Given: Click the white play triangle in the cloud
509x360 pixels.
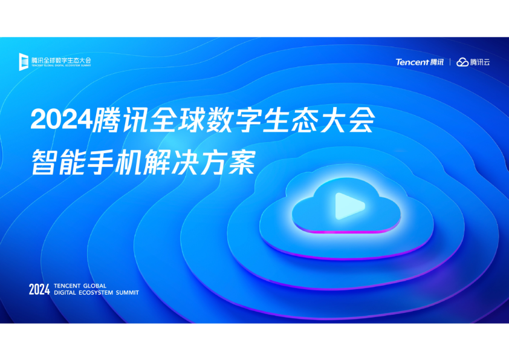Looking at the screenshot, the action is click(x=349, y=206).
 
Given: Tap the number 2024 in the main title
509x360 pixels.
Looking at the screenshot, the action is click(x=62, y=119).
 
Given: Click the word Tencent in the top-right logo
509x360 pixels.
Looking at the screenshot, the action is click(x=413, y=62).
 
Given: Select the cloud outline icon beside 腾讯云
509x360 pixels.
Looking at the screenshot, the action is click(x=462, y=62).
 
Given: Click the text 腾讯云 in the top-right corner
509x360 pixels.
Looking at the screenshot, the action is click(x=480, y=62).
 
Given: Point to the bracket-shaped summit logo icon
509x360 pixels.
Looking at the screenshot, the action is click(x=24, y=62).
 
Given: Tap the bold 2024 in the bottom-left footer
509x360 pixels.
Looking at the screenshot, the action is click(x=39, y=289).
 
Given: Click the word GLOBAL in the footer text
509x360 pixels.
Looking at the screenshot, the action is click(x=95, y=286).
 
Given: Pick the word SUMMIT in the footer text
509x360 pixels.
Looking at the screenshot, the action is click(x=127, y=293).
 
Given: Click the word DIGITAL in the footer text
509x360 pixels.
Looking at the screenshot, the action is click(x=65, y=293).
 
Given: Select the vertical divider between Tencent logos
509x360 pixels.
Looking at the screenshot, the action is click(x=450, y=62).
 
